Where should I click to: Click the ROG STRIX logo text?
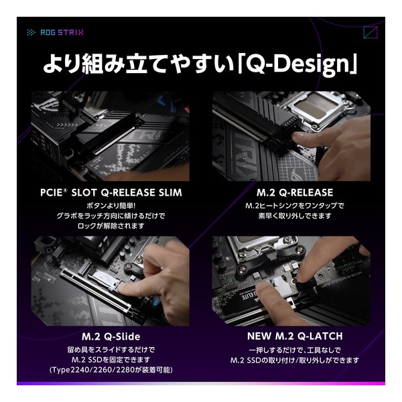pyautogui.click(x=62, y=32)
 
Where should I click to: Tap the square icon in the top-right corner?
pyautogui.click(x=371, y=33)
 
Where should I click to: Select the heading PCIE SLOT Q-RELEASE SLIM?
pyautogui.click(x=111, y=192)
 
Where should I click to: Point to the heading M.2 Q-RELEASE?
pyautogui.click(x=295, y=192)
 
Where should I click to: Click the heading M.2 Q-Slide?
pyautogui.click(x=111, y=336)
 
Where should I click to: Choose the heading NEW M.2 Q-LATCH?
pyautogui.click(x=295, y=336)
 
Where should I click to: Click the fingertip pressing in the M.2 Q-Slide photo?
pyautogui.click(x=125, y=289)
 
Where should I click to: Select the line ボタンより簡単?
pyautogui.click(x=111, y=206)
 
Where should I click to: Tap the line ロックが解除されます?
pyautogui.click(x=111, y=226)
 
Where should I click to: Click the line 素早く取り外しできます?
pyautogui.click(x=295, y=216)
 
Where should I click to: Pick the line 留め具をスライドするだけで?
pyautogui.click(x=111, y=350)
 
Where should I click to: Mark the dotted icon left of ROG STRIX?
pyautogui.click(x=31, y=32)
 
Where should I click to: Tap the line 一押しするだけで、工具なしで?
pyautogui.click(x=295, y=350)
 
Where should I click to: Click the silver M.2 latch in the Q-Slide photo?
pyautogui.click(x=103, y=279)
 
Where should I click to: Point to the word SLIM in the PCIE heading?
pyautogui.click(x=170, y=192)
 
